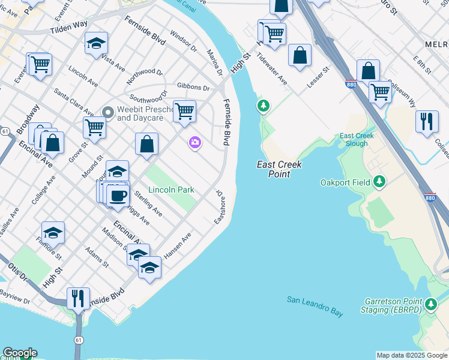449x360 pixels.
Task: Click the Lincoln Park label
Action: point(172,190)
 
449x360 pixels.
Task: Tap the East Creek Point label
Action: point(279,169)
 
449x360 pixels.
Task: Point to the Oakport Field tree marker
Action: point(379,181)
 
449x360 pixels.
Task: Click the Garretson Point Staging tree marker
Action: point(431,305)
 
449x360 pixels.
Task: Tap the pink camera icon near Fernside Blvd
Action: point(194,142)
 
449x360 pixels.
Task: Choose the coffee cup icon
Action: point(118,195)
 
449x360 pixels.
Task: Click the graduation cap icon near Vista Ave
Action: point(96,43)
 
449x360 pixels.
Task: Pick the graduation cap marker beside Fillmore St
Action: point(53,232)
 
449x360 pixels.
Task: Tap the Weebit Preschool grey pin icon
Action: point(108,112)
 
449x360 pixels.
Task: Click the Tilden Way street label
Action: point(68,28)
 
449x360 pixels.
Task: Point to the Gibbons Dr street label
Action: point(193,88)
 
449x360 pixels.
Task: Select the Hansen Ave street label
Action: point(177,245)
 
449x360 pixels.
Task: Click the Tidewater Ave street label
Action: point(271,68)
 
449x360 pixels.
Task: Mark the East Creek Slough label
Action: point(357,140)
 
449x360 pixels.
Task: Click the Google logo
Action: point(20,353)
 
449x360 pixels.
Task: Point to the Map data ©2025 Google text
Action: point(411,355)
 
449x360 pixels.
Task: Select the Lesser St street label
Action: point(319,77)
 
